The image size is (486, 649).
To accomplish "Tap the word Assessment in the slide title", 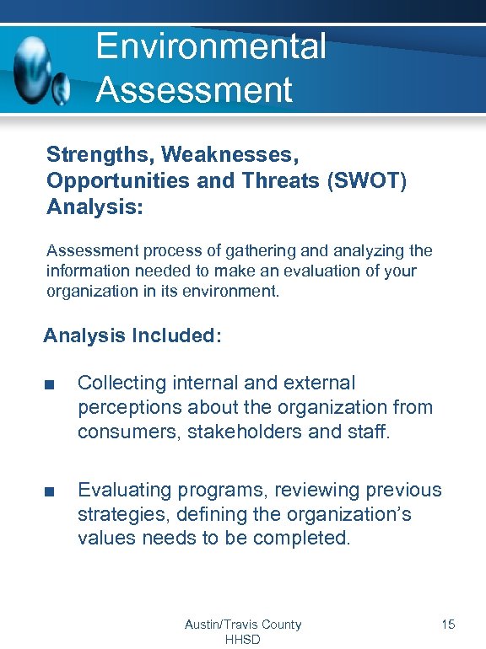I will (194, 88).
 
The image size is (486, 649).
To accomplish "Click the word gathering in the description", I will (240, 251).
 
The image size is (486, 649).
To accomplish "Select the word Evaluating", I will (127, 490).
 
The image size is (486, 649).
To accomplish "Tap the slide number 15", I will (448, 625).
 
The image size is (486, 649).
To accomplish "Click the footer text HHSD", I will (243, 639).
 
